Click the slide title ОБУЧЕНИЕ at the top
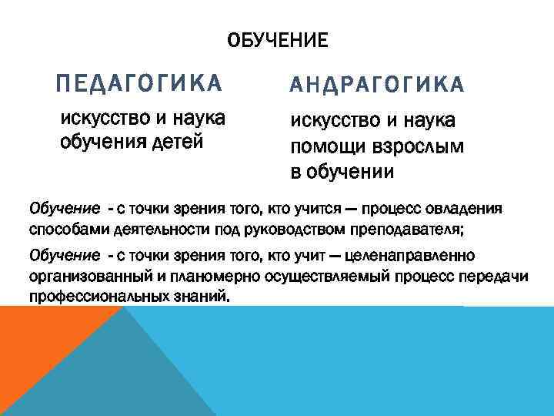[x=277, y=39]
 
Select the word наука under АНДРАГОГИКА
[x=426, y=121]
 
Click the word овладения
[x=463, y=208]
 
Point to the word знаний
[x=204, y=297]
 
